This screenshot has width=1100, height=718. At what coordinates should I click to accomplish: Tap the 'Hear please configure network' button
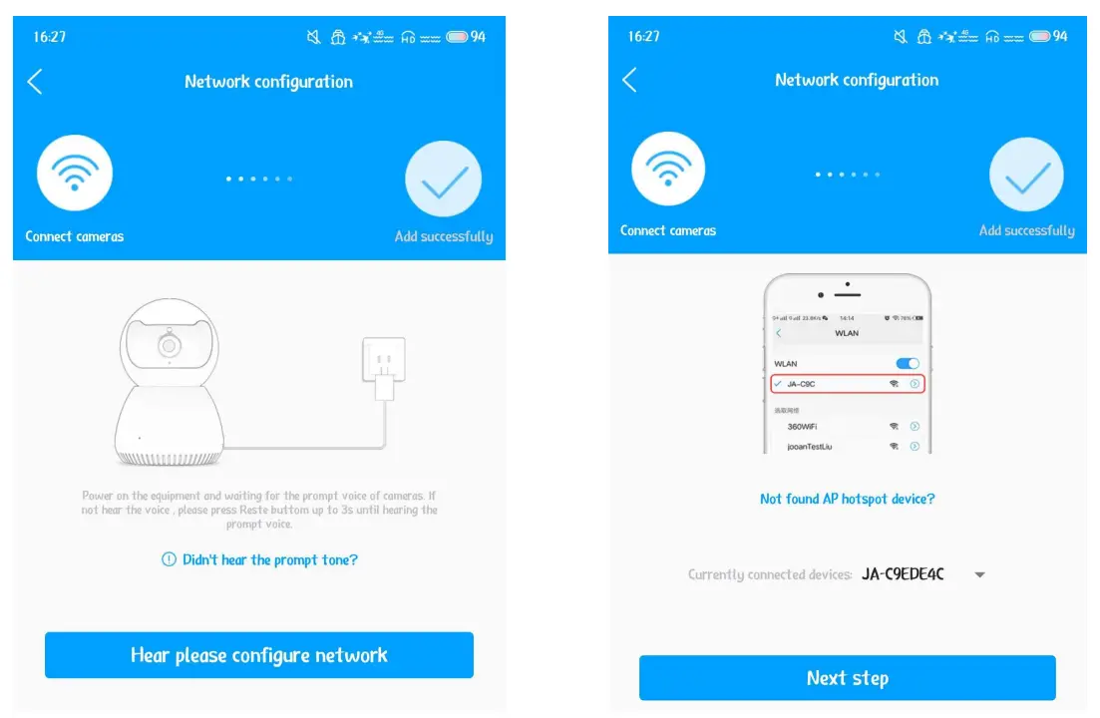(x=258, y=655)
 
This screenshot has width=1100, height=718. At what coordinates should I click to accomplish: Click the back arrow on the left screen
(x=35, y=82)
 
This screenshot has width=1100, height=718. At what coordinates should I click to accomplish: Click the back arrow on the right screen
(x=629, y=80)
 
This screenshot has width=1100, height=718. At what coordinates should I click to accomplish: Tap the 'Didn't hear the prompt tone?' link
(x=259, y=560)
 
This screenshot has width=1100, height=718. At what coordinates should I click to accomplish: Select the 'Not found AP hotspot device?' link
(x=847, y=499)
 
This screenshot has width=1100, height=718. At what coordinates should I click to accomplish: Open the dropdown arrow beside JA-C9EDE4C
(x=979, y=575)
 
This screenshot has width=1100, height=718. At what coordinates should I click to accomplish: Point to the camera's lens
(x=169, y=346)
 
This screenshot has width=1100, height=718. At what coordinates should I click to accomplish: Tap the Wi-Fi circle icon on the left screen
(x=75, y=174)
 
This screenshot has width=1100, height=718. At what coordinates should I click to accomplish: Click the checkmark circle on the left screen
(x=444, y=179)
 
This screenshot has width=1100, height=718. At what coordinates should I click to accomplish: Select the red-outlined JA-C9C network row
(x=847, y=383)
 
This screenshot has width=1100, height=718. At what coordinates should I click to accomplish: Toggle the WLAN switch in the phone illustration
(x=908, y=364)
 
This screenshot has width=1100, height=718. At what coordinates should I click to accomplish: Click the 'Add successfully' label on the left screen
(x=444, y=237)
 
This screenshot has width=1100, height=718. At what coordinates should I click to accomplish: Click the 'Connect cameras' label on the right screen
(x=668, y=230)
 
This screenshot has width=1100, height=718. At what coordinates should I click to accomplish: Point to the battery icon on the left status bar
(x=458, y=37)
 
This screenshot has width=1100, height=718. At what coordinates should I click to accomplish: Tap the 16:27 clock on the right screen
(x=644, y=36)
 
